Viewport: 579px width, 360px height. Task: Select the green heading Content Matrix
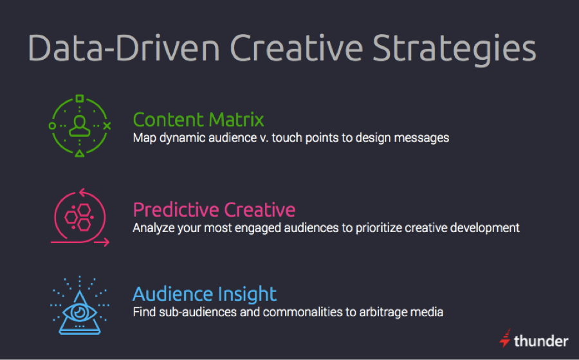click(x=198, y=120)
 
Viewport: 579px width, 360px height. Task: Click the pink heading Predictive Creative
click(x=214, y=210)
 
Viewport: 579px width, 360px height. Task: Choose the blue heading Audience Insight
click(x=205, y=294)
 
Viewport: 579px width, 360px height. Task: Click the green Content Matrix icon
click(x=80, y=126)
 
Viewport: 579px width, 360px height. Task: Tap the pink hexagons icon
click(x=80, y=216)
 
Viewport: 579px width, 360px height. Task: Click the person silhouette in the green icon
click(x=80, y=125)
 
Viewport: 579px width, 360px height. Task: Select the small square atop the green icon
click(x=80, y=99)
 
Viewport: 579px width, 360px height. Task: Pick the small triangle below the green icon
click(x=80, y=154)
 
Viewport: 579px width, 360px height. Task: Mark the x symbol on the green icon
click(x=107, y=126)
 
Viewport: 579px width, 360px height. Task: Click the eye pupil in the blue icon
click(x=80, y=311)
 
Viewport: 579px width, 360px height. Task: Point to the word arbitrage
click(x=390, y=312)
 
